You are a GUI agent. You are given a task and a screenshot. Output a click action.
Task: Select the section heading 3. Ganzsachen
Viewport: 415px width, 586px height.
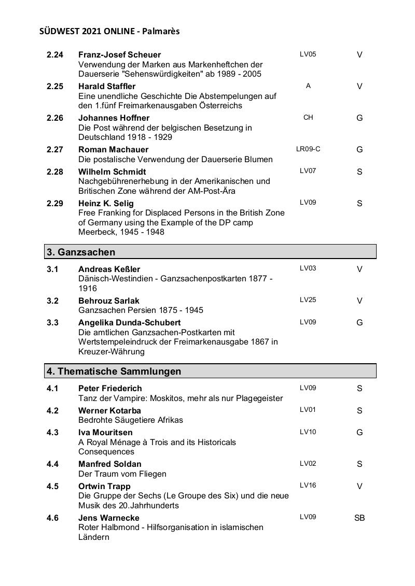(81, 252)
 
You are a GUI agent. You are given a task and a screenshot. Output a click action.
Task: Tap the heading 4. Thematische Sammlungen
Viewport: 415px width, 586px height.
(114, 371)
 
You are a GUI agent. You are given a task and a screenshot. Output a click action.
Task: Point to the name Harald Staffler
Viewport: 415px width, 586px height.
(106, 87)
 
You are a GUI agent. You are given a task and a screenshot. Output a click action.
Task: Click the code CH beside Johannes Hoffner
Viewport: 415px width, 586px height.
(308, 118)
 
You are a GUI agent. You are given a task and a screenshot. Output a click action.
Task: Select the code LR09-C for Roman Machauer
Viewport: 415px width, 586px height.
(308, 149)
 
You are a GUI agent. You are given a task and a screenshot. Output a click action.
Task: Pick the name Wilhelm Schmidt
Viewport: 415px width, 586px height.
(112, 171)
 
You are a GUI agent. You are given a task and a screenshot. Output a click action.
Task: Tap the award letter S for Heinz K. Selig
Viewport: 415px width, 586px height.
(359, 203)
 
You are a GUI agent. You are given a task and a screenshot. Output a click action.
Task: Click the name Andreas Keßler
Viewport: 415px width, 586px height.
(109, 269)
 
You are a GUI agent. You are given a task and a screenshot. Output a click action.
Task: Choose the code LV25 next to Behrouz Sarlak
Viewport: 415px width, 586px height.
(308, 299)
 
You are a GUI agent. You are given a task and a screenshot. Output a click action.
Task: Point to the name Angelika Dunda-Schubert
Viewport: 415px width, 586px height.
(129, 323)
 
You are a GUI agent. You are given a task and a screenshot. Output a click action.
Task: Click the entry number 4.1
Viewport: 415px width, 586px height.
(52, 388)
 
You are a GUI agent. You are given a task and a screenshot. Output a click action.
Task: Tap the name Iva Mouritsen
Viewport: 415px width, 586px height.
(105, 432)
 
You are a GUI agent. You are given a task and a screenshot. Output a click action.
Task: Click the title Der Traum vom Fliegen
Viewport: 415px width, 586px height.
(122, 474)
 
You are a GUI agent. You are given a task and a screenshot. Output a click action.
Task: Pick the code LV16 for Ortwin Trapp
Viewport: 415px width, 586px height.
(308, 485)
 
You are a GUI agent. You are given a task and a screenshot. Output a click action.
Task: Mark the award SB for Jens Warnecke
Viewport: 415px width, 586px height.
(359, 518)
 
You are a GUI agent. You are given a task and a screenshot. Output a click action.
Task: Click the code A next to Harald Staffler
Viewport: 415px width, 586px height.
(308, 86)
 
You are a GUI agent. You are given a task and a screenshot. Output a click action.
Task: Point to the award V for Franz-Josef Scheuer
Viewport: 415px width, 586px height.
(359, 54)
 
